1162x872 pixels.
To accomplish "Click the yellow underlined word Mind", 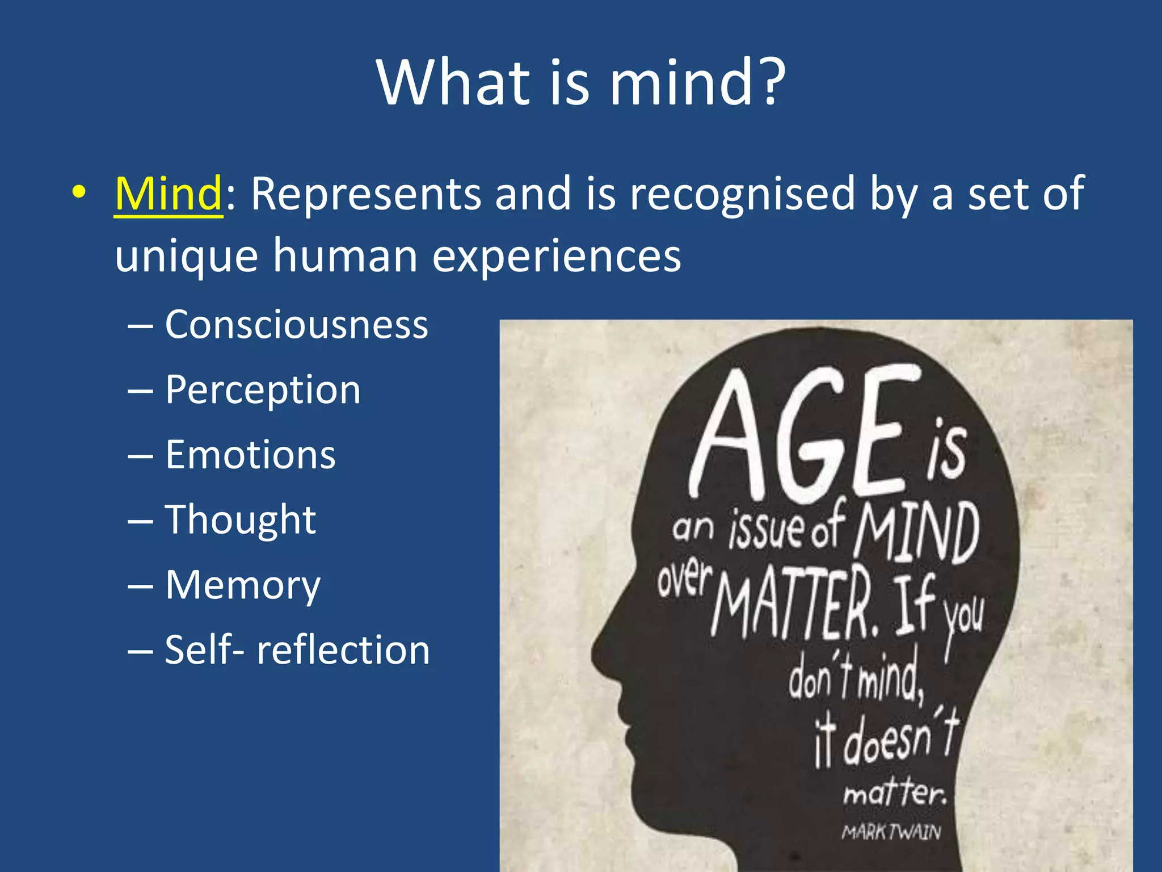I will click(x=168, y=194).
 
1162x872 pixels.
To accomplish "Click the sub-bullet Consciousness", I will click(x=296, y=325).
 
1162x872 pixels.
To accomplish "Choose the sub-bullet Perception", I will click(x=263, y=390).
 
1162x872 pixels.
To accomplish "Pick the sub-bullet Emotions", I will click(x=250, y=455).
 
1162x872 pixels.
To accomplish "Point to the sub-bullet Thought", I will click(x=240, y=520).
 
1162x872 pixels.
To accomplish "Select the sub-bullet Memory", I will click(x=243, y=585).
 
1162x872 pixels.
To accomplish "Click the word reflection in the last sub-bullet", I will click(x=343, y=650).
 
